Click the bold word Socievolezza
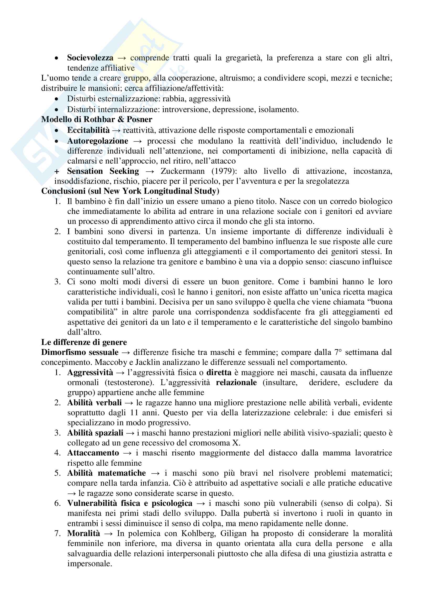coord(90,58)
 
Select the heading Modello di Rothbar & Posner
coord(97,119)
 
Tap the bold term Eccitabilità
coord(88,130)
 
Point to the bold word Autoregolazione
coord(98,141)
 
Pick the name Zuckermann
coord(183,171)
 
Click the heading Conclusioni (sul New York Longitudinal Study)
coord(130,191)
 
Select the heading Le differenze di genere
coord(84,342)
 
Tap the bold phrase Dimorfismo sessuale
coord(80,352)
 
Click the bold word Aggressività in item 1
coord(90,372)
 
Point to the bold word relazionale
coord(236,382)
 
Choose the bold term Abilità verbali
coord(94,402)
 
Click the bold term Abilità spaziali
coord(95,433)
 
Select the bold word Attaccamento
coord(93,453)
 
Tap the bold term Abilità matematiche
coord(106,473)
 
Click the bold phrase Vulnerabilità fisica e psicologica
coord(130,503)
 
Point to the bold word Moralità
coord(83,533)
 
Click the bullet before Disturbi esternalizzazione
coord(56,99)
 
